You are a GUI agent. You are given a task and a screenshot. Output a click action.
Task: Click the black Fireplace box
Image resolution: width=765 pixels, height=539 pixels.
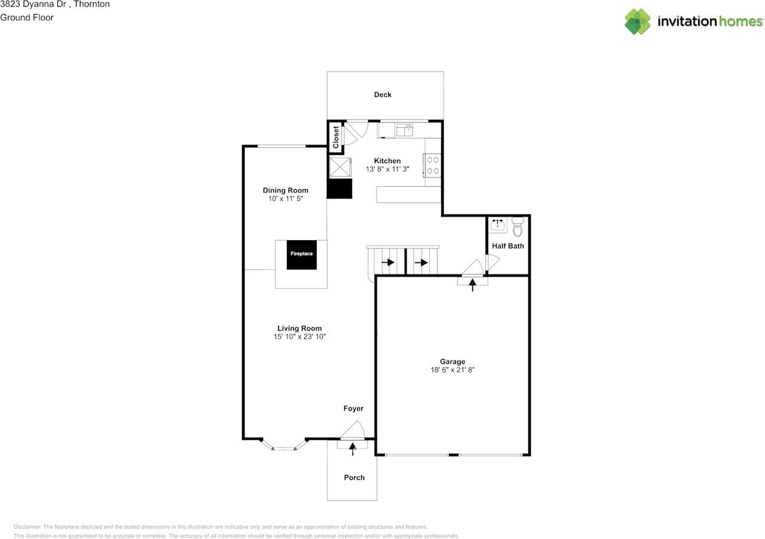coord(301,254)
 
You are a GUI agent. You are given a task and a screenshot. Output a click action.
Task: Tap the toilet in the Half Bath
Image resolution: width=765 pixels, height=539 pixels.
coord(518,227)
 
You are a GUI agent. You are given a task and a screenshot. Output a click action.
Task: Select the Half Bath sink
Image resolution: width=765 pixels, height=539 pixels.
coord(497,225)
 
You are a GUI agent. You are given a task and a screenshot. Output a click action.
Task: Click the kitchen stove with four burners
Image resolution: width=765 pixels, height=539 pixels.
coord(433,165)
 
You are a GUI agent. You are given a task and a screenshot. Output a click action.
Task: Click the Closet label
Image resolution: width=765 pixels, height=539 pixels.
coord(336,137)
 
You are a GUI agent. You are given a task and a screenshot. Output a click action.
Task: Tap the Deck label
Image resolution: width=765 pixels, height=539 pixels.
coord(382,94)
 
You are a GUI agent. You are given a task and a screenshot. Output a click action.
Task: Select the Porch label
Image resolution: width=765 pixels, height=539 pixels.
coord(354,477)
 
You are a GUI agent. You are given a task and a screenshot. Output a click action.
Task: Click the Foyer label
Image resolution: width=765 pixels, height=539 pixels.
coord(353,409)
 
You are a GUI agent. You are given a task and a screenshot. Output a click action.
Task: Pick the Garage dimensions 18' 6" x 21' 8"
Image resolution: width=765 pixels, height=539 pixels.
coord(452,370)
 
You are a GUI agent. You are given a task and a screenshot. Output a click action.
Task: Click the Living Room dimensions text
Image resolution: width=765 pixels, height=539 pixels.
coord(299,337)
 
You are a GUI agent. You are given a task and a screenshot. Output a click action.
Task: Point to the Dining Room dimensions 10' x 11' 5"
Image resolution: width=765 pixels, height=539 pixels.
coord(286,199)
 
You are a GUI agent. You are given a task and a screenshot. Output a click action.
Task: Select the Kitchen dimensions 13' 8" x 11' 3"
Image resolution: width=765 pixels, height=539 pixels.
coord(387,169)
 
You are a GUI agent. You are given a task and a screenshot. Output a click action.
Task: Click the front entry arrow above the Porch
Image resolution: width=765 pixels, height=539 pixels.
coord(352,449)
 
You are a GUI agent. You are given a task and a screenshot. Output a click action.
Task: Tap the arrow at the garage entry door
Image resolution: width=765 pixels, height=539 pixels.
coord(473,286)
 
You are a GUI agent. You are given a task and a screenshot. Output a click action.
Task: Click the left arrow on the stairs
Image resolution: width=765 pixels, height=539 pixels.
coord(388,262)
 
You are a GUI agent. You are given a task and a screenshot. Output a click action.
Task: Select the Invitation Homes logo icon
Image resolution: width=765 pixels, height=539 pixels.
coord(638,22)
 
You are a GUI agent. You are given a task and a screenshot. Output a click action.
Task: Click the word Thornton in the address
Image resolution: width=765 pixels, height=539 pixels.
coord(90,4)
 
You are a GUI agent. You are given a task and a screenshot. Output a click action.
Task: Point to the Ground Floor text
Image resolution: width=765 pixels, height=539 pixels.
coord(27,17)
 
